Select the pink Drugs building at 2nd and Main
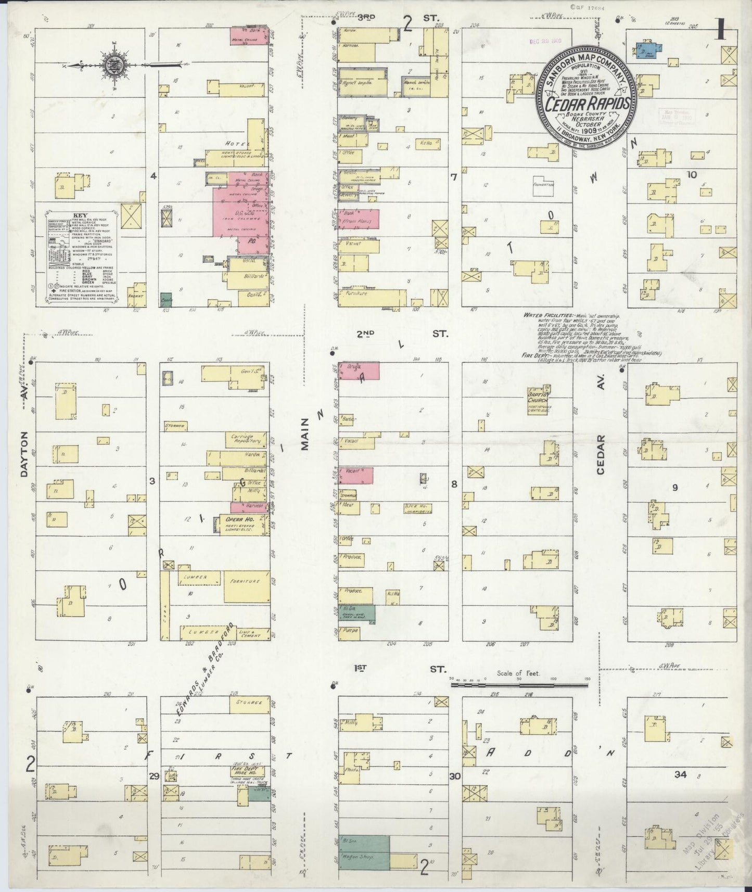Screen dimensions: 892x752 point(359,371)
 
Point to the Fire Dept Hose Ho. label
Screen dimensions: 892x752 point(247,770)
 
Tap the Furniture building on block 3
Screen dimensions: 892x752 point(246,581)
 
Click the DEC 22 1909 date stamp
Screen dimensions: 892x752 point(542,41)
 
